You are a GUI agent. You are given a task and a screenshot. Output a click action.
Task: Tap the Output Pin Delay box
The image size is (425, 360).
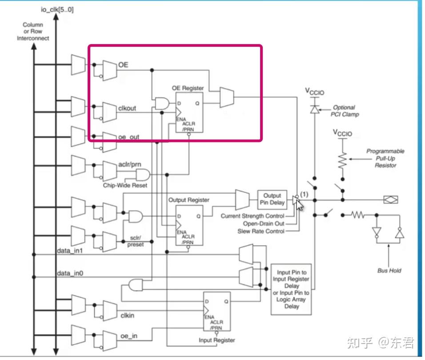272,198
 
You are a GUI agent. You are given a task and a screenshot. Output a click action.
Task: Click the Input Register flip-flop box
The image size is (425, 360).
217,311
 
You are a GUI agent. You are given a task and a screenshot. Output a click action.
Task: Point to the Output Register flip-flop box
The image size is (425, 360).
189,225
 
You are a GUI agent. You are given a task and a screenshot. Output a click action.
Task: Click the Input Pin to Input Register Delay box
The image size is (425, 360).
291,289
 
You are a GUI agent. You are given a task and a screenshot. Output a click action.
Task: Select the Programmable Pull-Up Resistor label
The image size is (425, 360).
385,158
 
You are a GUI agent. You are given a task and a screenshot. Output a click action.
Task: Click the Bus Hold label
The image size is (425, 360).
389,270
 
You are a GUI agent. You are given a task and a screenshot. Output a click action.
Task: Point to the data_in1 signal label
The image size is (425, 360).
70,251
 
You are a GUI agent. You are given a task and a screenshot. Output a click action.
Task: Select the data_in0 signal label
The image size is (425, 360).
70,272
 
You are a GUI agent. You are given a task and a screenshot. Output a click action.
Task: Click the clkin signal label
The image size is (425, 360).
127,316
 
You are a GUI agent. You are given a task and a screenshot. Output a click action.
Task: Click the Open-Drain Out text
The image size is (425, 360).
263,223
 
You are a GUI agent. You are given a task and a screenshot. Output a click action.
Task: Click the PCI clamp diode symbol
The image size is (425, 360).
315,109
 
